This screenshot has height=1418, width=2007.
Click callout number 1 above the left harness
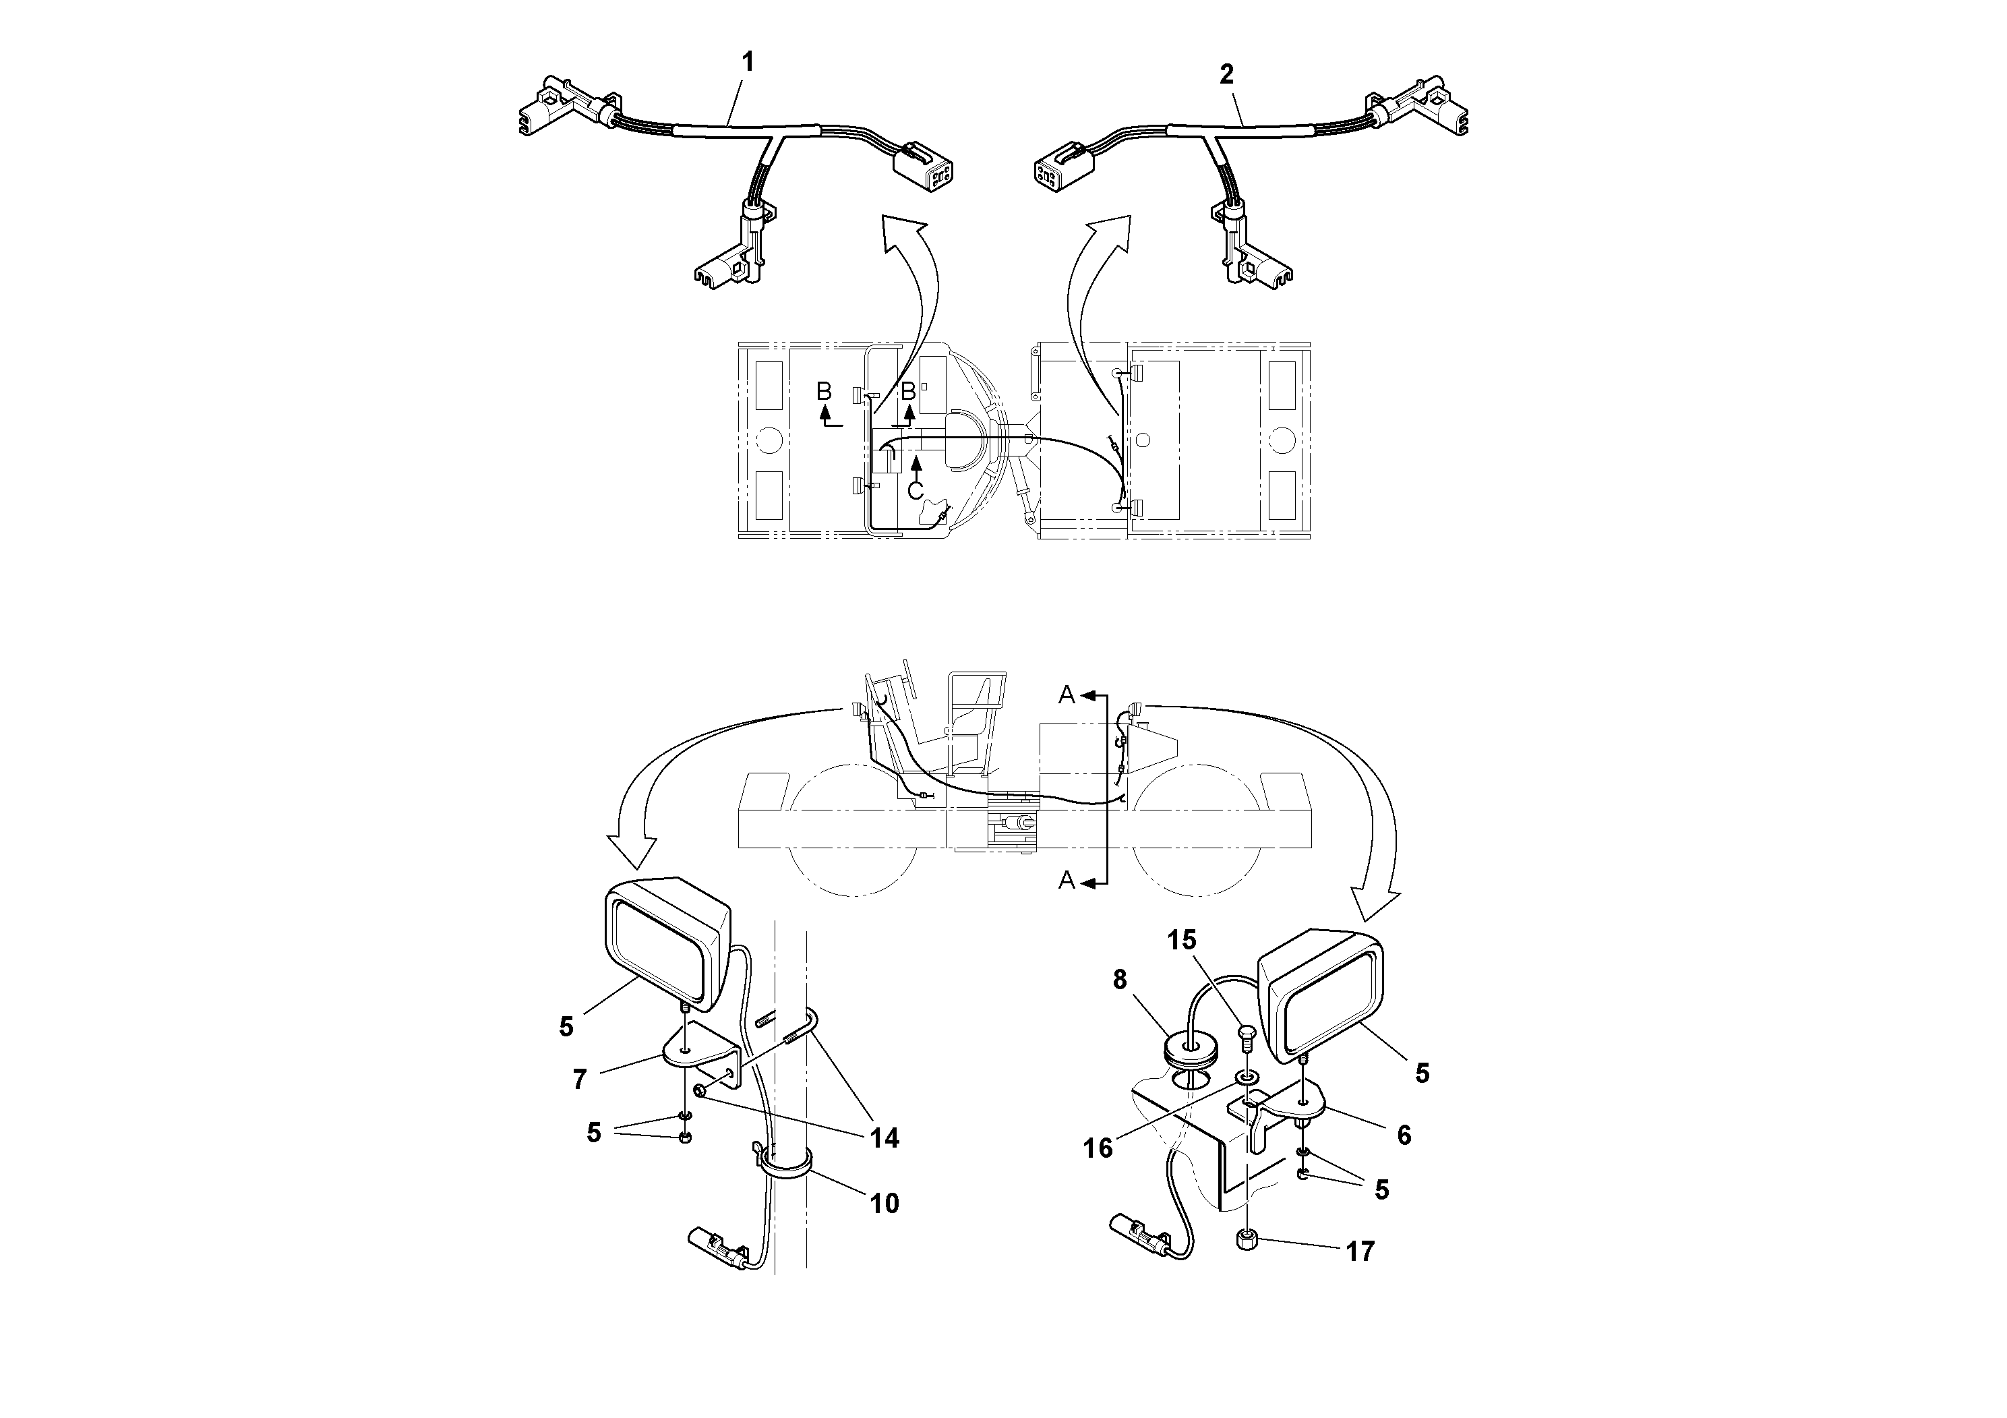point(748,62)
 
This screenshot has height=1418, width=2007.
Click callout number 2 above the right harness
point(1226,76)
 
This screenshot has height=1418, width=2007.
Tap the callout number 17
point(1360,1252)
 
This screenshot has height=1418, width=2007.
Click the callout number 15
point(1182,940)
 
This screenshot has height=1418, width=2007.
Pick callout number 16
point(1098,1148)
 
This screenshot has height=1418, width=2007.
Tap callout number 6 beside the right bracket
point(1403,1135)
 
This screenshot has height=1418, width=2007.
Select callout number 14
point(885,1138)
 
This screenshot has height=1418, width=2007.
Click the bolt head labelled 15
point(1246,1038)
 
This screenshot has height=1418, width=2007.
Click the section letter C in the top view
point(916,490)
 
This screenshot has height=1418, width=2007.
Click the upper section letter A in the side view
point(1067,695)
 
